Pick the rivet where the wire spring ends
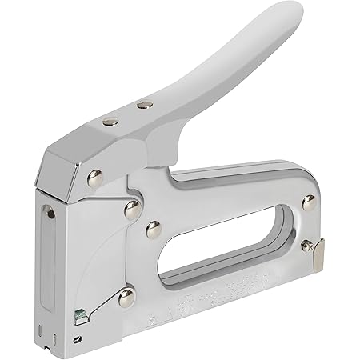[126, 298]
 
